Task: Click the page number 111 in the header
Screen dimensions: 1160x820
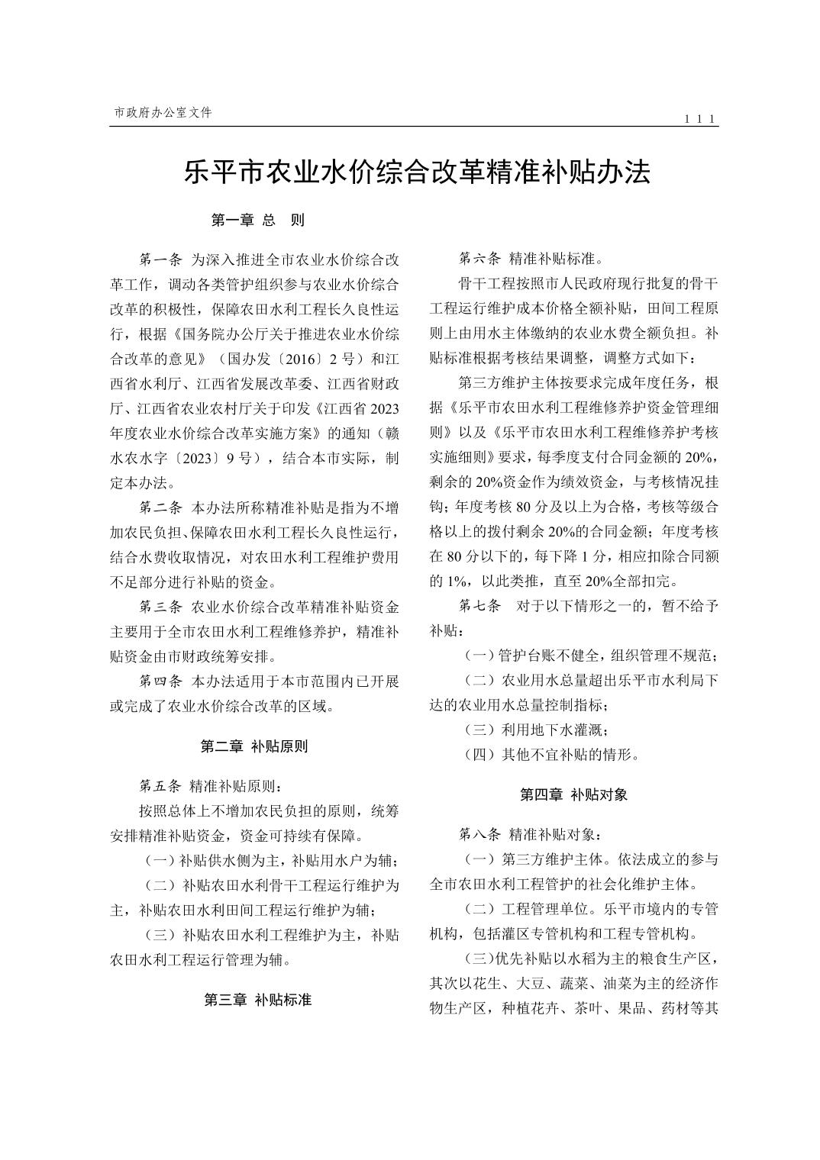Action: [x=699, y=119]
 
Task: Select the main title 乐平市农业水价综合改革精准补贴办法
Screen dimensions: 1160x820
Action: [x=417, y=172]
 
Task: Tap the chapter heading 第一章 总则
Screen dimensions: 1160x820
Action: [x=257, y=221]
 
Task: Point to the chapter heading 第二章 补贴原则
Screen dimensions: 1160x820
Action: [x=254, y=746]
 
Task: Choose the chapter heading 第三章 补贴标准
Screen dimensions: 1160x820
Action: [x=257, y=1000]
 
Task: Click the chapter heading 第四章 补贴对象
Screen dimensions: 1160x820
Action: [x=573, y=794]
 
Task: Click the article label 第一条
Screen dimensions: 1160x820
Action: [x=160, y=259]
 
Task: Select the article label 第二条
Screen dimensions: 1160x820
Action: [x=160, y=507]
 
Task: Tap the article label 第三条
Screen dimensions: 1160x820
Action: [x=160, y=607]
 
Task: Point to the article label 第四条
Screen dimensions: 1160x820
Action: [x=160, y=681]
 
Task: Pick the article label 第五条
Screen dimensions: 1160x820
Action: [x=160, y=786]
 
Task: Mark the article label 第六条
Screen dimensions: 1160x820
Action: [x=479, y=259]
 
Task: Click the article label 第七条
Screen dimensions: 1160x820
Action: [x=479, y=607]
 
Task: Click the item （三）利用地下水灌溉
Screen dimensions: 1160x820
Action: [x=535, y=730]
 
